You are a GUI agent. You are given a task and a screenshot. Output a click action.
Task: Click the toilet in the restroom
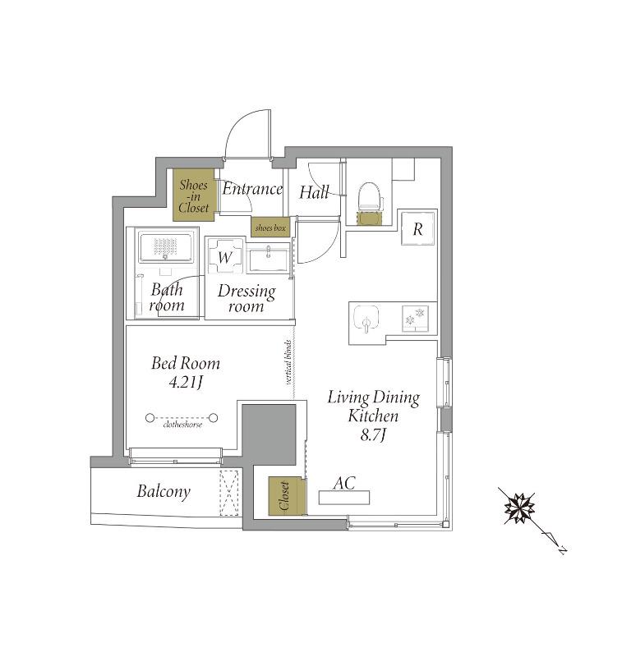pyautogui.click(x=370, y=197)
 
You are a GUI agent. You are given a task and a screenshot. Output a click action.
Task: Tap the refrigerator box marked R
pyautogui.click(x=418, y=228)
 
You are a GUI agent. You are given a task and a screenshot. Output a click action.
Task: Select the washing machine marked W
pyautogui.click(x=224, y=256)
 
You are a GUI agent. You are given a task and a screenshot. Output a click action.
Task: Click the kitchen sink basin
pyautogui.click(x=366, y=318)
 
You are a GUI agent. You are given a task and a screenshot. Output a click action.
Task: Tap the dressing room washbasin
pyautogui.click(x=268, y=260)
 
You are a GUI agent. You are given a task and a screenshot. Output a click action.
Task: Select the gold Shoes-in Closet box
pyautogui.click(x=194, y=195)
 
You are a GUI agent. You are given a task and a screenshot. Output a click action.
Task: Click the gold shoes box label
pyautogui.click(x=270, y=228)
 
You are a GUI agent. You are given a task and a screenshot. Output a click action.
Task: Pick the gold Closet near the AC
pyautogui.click(x=285, y=496)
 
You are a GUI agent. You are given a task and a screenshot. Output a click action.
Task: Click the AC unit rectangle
pyautogui.click(x=344, y=498)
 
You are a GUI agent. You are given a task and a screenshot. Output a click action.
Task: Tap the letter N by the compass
pyautogui.click(x=563, y=549)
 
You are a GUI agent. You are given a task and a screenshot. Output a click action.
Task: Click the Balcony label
pyautogui.click(x=164, y=491)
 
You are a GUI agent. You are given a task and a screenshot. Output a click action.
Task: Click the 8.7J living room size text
pyautogui.click(x=372, y=436)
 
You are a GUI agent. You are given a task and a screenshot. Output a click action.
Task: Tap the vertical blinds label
pyautogui.click(x=288, y=362)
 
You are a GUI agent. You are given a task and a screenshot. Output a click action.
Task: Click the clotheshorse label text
pyautogui.click(x=182, y=425)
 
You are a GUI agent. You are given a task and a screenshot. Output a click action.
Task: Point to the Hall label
pyautogui.click(x=314, y=192)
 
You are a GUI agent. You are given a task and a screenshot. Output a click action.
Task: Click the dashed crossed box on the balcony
pyautogui.click(x=229, y=494)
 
